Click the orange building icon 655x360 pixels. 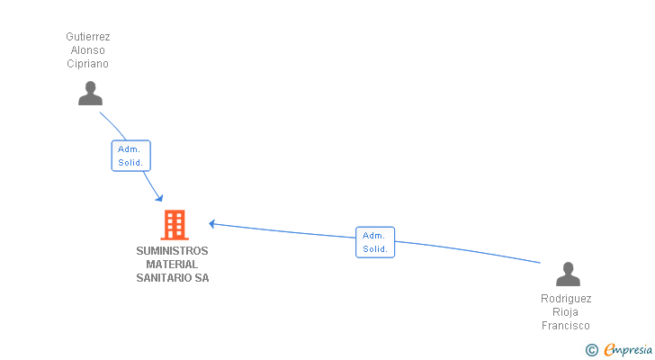click(x=174, y=225)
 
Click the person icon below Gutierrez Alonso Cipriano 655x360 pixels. click(x=90, y=94)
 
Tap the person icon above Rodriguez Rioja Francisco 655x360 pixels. click(x=568, y=274)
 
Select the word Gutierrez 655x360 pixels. click(x=88, y=37)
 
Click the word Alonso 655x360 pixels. click(x=88, y=50)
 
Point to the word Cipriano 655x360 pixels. click(x=88, y=64)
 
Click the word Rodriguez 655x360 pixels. click(x=566, y=299)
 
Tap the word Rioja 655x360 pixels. click(x=566, y=312)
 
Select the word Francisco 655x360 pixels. click(x=566, y=326)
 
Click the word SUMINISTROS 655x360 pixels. click(x=172, y=251)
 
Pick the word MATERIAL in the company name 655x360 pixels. click(x=172, y=265)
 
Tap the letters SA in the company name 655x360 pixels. click(x=202, y=278)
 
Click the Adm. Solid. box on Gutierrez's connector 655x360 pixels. click(x=130, y=156)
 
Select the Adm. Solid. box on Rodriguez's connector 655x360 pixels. click(x=375, y=242)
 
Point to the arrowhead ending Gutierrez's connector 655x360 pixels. click(x=159, y=198)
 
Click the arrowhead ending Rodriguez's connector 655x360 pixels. click(x=212, y=223)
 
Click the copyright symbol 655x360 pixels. click(x=591, y=350)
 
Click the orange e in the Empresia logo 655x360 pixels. click(x=609, y=350)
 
